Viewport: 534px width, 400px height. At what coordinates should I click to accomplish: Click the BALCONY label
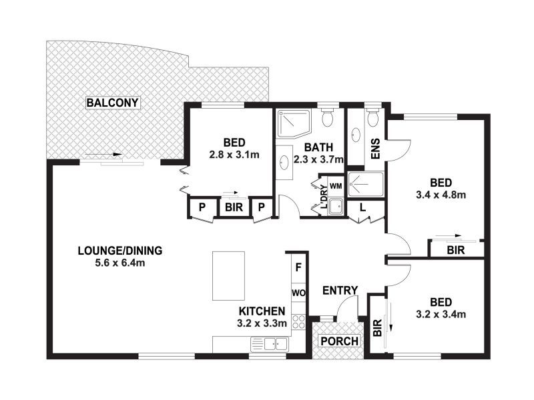(x=112, y=103)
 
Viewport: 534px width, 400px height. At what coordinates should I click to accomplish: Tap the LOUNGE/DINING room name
(x=119, y=251)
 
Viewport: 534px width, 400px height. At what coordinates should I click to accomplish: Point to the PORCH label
(x=340, y=341)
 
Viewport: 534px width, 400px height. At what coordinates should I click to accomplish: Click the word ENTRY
(x=340, y=290)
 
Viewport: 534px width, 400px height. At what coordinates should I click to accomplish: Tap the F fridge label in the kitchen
(x=298, y=267)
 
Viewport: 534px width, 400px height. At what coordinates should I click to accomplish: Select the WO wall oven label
(x=298, y=293)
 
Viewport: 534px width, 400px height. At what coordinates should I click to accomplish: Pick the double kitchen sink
(x=270, y=344)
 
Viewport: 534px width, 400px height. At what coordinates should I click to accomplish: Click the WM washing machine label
(x=336, y=184)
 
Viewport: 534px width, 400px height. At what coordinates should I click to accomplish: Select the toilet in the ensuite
(x=372, y=118)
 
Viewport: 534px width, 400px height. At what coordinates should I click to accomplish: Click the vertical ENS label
(x=375, y=148)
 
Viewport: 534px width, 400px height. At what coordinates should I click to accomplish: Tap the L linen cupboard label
(x=361, y=208)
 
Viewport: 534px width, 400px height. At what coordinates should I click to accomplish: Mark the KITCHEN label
(x=262, y=311)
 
